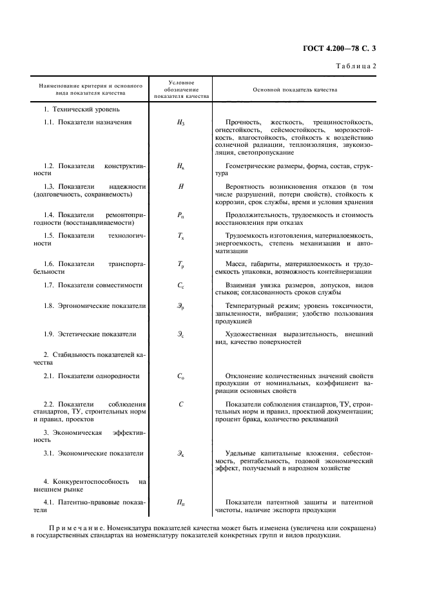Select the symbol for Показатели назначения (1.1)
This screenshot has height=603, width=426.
click(180, 122)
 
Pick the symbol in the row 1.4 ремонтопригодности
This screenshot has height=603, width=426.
click(180, 215)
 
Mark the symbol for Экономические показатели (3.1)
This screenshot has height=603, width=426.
click(180, 454)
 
